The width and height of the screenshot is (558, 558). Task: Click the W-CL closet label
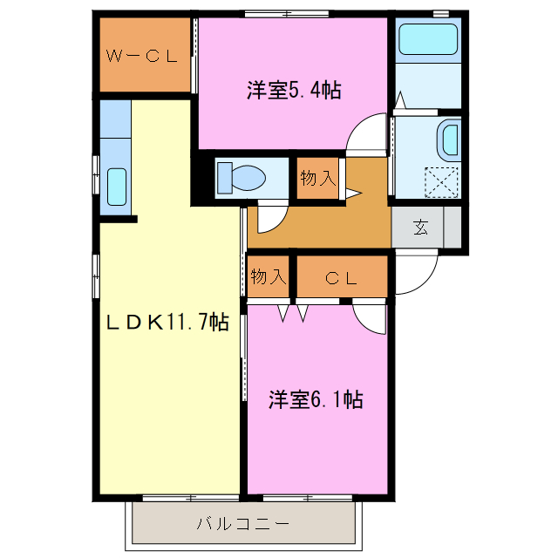tap(142, 57)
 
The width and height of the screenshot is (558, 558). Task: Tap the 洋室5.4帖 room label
tap(293, 90)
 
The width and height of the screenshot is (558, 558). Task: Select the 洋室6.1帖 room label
tap(315, 400)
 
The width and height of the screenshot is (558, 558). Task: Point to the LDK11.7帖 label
tap(167, 323)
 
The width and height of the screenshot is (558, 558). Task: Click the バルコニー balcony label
tap(242, 525)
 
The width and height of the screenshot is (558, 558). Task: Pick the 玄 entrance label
tap(421, 228)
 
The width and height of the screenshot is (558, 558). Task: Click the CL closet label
tap(342, 278)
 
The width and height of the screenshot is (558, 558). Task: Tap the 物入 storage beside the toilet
tap(317, 179)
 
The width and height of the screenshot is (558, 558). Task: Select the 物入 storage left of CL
tap(268, 277)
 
